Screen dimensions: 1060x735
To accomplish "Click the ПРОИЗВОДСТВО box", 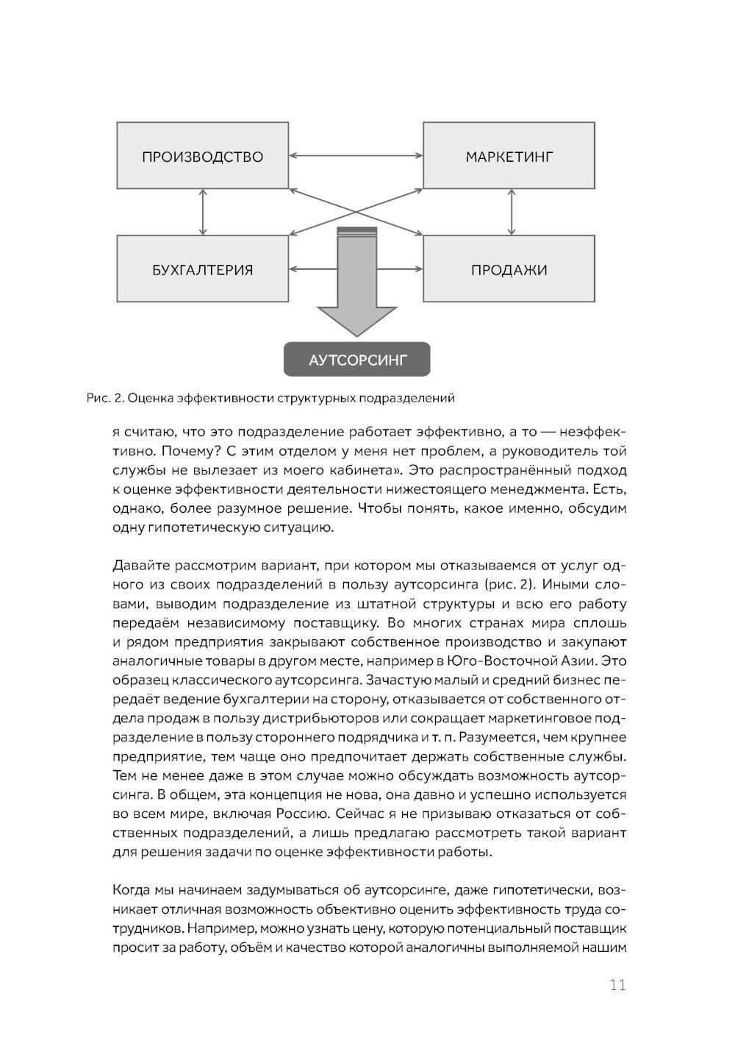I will [x=202, y=156].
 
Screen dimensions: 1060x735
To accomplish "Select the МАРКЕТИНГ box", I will [x=509, y=156].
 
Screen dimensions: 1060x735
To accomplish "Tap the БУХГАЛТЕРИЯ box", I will [x=202, y=269].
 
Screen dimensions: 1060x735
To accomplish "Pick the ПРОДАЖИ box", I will [x=509, y=269].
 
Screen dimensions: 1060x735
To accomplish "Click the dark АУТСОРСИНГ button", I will [x=356, y=360].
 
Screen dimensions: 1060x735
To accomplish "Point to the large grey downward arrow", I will [x=356, y=294].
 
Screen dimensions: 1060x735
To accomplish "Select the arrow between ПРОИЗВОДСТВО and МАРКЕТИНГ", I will [x=356, y=156].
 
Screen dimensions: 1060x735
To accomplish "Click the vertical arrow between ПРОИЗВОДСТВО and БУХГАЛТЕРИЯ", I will [x=202, y=212].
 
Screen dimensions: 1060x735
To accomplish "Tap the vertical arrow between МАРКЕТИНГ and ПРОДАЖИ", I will [x=509, y=212].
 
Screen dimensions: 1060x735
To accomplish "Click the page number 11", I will [x=617, y=985].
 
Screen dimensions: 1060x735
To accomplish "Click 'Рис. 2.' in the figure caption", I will [x=105, y=399].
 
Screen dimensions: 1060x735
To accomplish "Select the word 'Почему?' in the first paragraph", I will [x=162, y=450].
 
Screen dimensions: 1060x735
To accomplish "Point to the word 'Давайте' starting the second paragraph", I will [x=138, y=566].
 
